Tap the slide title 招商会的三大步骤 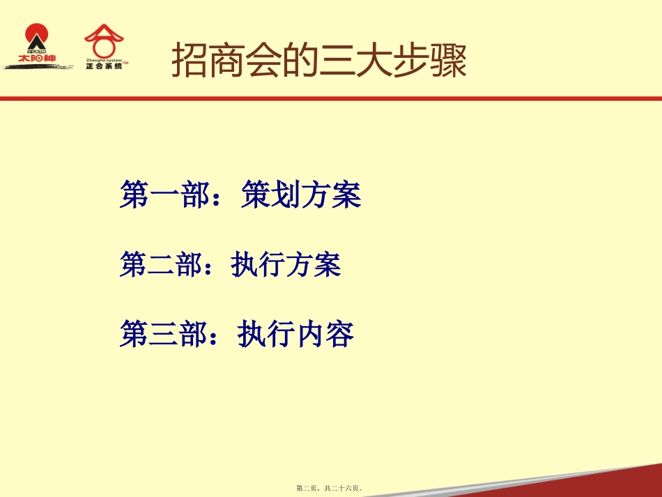pyautogui.click(x=318, y=61)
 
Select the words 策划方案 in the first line pyautogui.click(x=301, y=195)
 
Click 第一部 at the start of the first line pyautogui.click(x=164, y=195)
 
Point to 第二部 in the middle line pyautogui.click(x=164, y=265)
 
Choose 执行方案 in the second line pyautogui.click(x=286, y=265)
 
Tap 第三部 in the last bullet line pyautogui.click(x=164, y=334)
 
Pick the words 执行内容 pyautogui.click(x=296, y=334)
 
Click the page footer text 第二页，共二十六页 pyautogui.click(x=330, y=489)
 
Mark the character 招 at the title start pyautogui.click(x=188, y=61)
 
